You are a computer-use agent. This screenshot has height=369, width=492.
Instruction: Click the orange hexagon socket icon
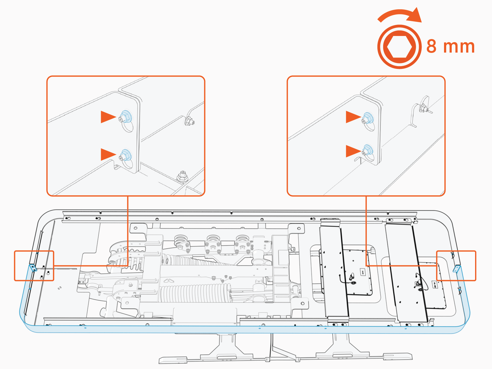399,47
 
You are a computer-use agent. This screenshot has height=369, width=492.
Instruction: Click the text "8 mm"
450,47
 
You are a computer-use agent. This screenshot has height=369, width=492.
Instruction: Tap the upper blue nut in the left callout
126,117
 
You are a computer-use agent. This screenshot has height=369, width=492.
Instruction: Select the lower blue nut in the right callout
367,150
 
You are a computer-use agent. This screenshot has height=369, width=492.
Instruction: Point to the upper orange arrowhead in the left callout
108,117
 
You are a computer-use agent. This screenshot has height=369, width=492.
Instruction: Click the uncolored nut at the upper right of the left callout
189,122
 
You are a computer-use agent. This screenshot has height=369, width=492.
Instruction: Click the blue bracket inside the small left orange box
33,268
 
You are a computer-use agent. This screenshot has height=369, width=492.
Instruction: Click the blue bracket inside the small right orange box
457,269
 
